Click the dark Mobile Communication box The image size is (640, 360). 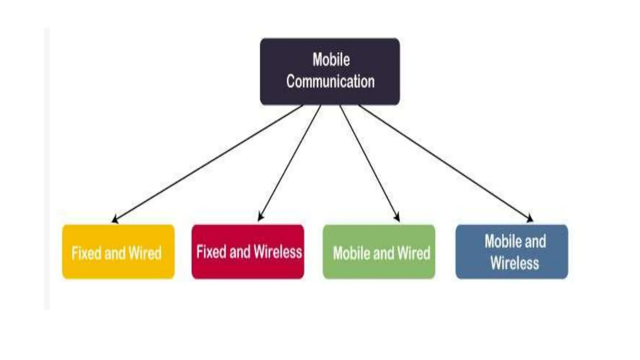click(x=330, y=71)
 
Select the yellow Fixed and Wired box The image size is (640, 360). click(x=118, y=252)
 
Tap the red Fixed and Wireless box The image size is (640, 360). click(x=248, y=252)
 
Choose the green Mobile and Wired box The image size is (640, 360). click(x=379, y=252)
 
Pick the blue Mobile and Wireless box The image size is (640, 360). click(x=512, y=252)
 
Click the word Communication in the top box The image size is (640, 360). click(x=330, y=82)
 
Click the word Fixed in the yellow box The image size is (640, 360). click(x=86, y=253)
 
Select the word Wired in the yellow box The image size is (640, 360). click(x=145, y=253)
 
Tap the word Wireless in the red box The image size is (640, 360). click(x=278, y=252)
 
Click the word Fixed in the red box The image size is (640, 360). click(x=211, y=252)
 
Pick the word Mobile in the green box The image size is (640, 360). click(x=352, y=253)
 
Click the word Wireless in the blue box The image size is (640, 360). click(x=515, y=263)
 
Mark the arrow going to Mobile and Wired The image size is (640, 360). click(x=369, y=162)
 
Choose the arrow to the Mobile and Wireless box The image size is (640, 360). click(x=445, y=162)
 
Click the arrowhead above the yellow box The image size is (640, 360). click(x=115, y=219)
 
